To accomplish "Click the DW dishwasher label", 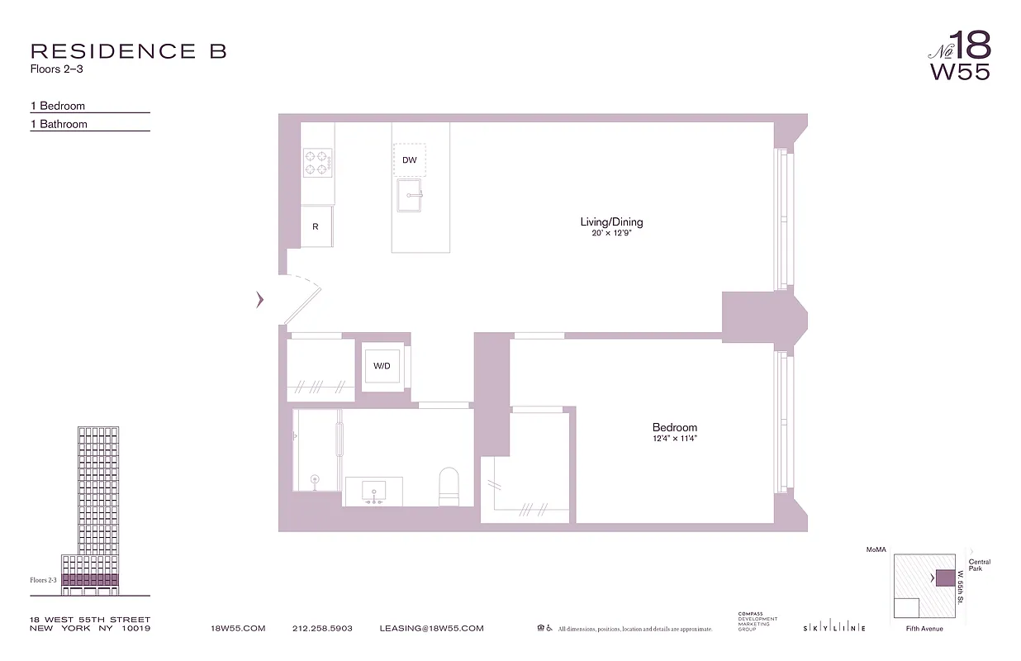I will pos(409,160).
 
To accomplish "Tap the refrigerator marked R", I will pos(316,226).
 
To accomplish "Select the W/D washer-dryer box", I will pos(382,366).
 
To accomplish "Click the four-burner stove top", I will pos(317,162).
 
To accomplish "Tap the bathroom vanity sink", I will pos(373,489).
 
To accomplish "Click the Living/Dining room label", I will pos(611,221).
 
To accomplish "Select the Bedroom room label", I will pos(674,427).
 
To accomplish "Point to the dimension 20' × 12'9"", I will pos(611,233).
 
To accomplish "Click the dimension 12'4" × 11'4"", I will pos(674,439).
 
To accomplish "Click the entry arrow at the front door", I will pos(260,300).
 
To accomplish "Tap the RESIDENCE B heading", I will pos(128,51).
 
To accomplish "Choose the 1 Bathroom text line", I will pos(59,124).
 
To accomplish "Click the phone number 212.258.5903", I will pos(322,629).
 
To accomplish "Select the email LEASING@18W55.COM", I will pos(431,629).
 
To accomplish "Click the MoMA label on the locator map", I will pos(875,549).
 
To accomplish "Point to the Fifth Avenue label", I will pos(924,629).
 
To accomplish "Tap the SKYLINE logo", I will pos(834,629).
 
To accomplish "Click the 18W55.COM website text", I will pos(238,629).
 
